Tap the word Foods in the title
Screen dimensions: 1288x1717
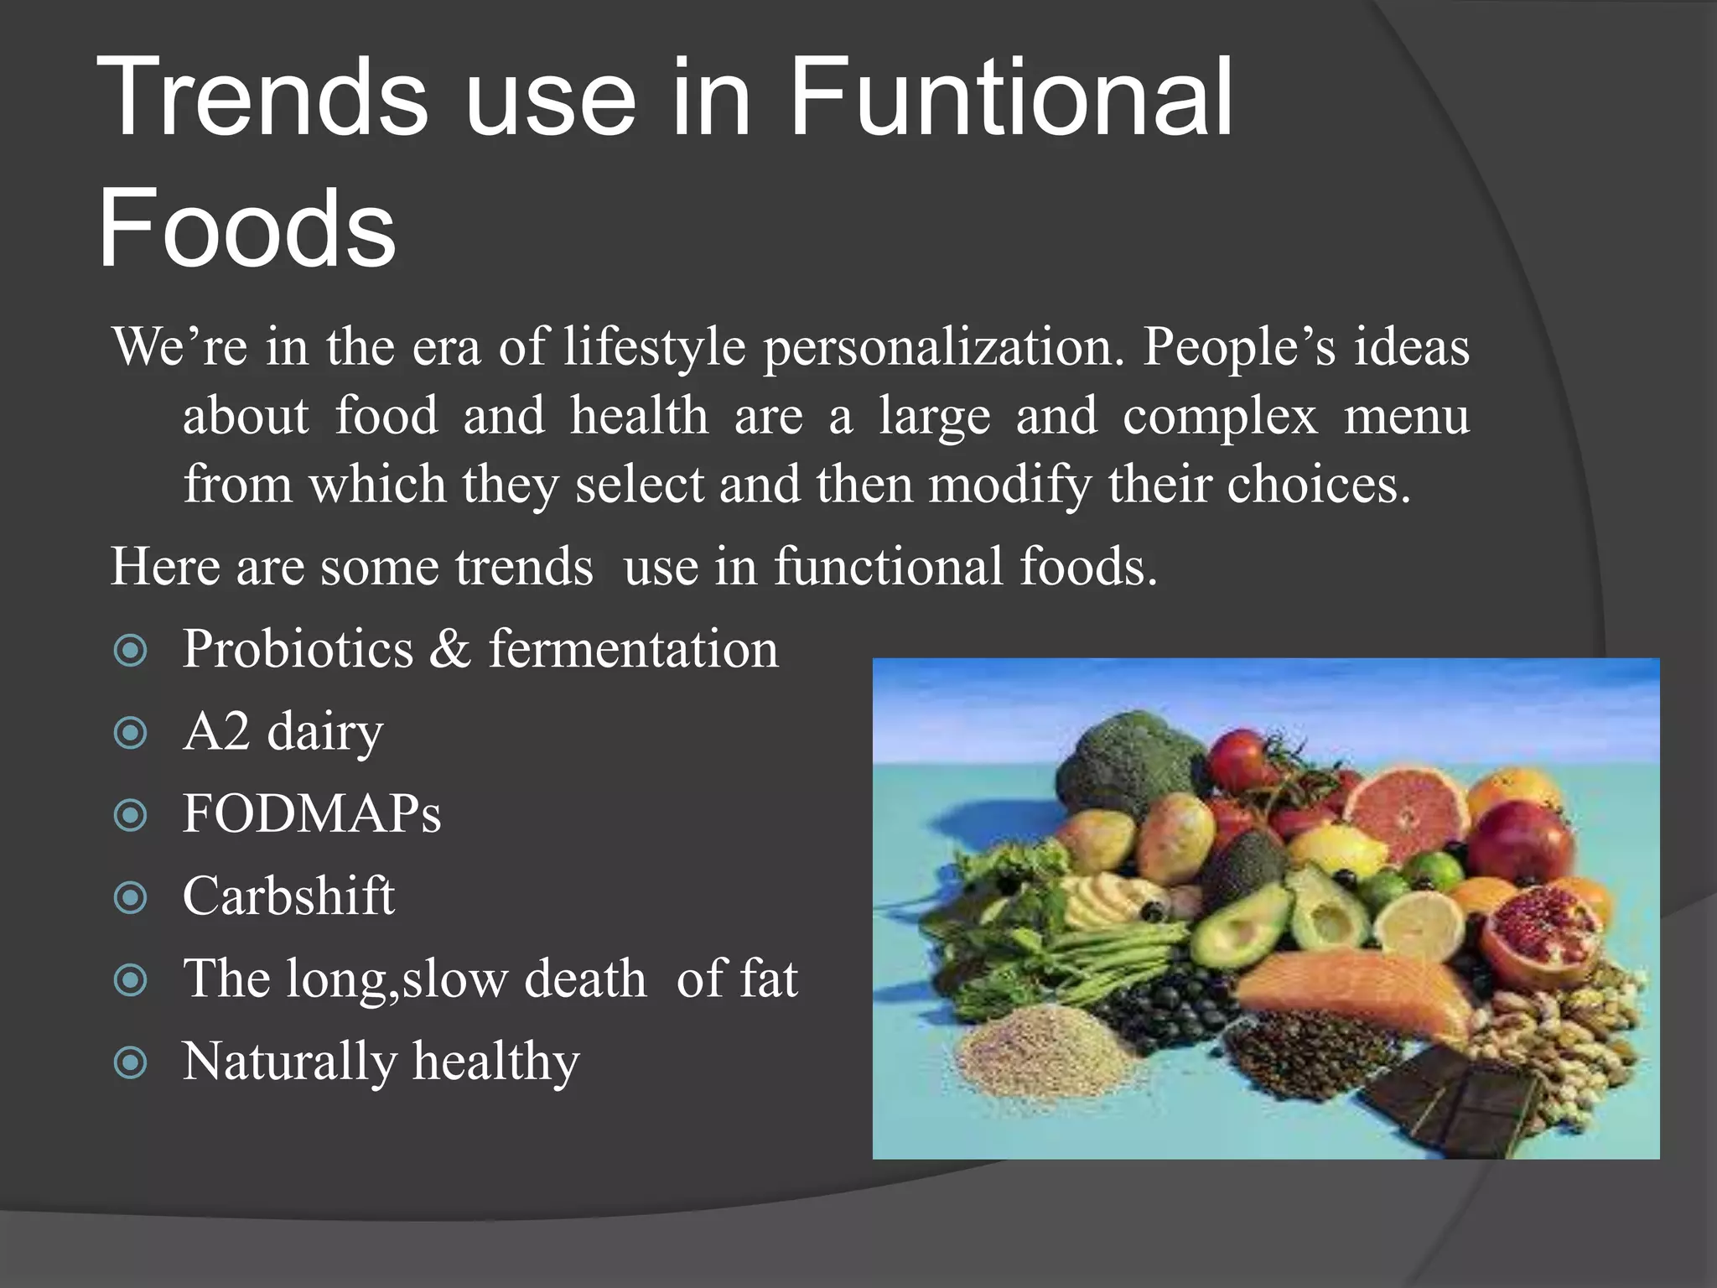coord(246,228)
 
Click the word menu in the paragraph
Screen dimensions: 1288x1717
coord(1406,416)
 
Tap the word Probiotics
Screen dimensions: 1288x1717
coord(298,650)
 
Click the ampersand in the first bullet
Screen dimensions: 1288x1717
coord(450,650)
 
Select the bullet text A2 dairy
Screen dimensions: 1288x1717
coord(283,732)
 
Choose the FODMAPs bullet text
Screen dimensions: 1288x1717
coord(312,813)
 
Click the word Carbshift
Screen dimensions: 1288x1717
coord(288,896)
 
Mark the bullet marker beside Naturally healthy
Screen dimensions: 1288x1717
coord(130,1062)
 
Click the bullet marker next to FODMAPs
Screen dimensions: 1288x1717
coord(130,815)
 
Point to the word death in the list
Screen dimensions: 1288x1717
coord(585,979)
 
